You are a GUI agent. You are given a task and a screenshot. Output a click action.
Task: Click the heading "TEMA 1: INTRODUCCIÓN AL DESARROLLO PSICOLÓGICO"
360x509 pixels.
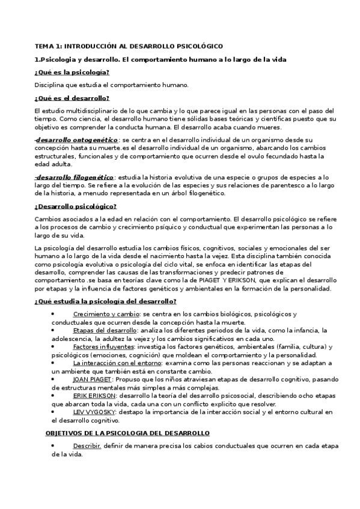pos(129,46)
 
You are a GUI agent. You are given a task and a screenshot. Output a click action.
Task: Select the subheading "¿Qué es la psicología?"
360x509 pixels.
pos(72,72)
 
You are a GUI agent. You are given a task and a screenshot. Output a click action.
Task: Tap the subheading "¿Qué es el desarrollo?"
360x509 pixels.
pos(72,98)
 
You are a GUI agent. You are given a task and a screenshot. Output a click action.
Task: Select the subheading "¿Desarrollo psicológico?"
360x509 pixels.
pos(75,206)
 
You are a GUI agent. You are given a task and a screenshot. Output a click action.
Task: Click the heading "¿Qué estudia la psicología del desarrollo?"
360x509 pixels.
pos(105,301)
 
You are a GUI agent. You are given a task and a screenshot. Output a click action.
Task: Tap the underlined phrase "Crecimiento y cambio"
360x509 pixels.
pos(106,315)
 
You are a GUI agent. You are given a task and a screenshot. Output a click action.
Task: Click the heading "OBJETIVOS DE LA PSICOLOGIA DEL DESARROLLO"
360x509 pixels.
pos(127,433)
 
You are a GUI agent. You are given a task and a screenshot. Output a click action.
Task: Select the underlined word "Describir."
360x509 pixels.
pos(87,446)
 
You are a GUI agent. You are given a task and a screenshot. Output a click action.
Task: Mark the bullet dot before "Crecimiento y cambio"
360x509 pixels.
pos(53,314)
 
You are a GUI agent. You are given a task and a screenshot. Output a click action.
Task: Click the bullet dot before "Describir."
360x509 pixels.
pos(53,445)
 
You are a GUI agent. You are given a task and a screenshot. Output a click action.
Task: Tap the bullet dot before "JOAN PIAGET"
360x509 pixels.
pos(53,379)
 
